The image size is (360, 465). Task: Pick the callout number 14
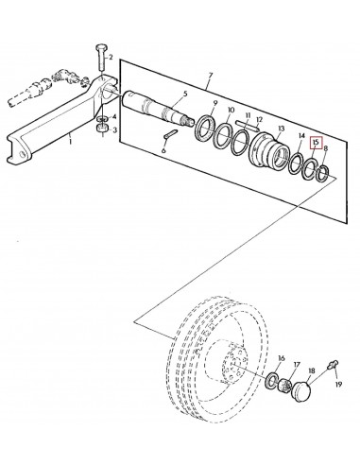point(301,136)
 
